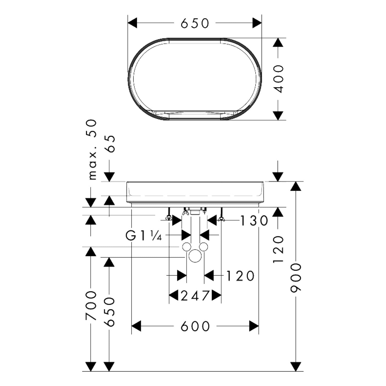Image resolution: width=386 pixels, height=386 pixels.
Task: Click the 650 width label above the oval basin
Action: point(195,23)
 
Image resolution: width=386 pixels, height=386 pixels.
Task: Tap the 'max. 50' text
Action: point(92,150)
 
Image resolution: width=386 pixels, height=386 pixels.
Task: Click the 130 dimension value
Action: point(254,221)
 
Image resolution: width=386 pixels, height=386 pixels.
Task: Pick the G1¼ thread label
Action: point(144,236)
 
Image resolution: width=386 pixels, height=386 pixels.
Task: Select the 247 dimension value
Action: point(195,296)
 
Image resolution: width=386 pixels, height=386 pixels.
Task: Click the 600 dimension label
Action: point(195,326)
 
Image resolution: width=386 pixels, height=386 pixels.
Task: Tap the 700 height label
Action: point(91,306)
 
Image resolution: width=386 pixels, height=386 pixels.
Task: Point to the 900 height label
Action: point(296,278)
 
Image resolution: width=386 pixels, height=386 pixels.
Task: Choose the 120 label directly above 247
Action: point(240,276)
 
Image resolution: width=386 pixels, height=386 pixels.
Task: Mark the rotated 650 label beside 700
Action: point(110,312)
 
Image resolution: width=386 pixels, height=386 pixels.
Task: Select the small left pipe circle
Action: point(186,247)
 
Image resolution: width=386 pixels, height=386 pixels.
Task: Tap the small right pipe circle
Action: point(204,247)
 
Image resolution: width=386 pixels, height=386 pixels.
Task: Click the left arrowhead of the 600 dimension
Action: point(136,326)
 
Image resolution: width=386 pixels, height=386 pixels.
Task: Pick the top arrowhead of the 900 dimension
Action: point(296,186)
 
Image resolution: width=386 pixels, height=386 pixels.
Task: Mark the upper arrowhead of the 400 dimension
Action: point(278,43)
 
